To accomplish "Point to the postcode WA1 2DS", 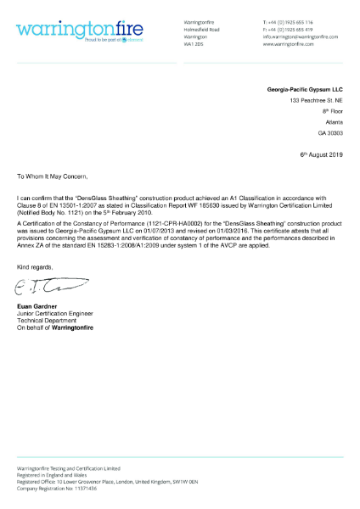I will point(194,44).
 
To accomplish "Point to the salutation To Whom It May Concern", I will point(53,178).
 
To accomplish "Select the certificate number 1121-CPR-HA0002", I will point(149,223).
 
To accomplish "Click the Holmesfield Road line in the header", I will point(201,29).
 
